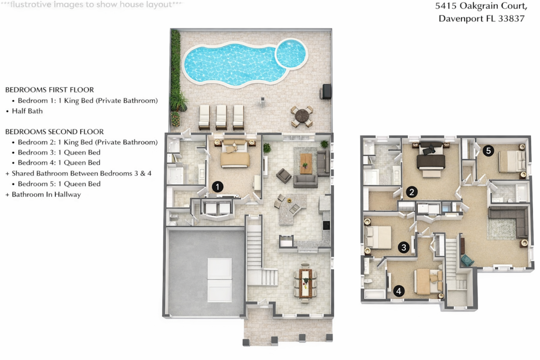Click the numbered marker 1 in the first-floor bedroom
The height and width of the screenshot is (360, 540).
218,187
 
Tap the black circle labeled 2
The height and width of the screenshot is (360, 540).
412,192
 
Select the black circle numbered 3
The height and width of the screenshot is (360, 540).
403,247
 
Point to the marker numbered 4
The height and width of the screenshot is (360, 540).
399,291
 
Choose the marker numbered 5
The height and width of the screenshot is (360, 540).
488,151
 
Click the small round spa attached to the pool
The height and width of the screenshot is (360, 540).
291,54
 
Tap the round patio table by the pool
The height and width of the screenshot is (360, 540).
302,116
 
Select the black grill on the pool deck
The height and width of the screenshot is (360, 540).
326,91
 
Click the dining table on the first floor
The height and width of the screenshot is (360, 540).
305,283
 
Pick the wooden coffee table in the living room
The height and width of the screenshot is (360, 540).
306,164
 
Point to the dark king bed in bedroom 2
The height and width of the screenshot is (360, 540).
430,159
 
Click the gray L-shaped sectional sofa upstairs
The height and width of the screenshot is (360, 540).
510,220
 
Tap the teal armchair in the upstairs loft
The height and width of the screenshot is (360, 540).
467,260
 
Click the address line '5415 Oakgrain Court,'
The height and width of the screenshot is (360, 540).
481,6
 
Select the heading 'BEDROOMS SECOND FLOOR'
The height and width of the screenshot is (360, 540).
55,131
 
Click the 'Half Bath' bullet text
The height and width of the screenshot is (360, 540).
27,111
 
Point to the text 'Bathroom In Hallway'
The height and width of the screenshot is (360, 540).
46,194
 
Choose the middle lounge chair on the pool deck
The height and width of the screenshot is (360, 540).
221,117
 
